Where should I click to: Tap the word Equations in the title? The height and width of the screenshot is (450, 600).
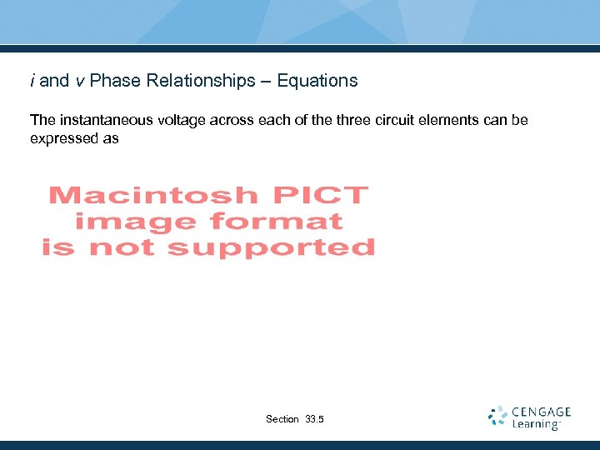(x=317, y=81)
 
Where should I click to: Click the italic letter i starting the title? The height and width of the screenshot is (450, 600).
(x=32, y=81)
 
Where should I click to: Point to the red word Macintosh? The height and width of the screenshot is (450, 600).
(x=152, y=196)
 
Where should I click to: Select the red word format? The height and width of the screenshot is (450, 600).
(x=277, y=222)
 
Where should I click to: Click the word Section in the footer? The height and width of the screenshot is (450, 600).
(x=282, y=419)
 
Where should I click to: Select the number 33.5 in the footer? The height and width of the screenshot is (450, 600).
(x=315, y=419)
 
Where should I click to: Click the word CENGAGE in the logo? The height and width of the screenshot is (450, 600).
(x=542, y=412)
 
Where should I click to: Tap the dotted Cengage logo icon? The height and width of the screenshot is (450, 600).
(x=497, y=417)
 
